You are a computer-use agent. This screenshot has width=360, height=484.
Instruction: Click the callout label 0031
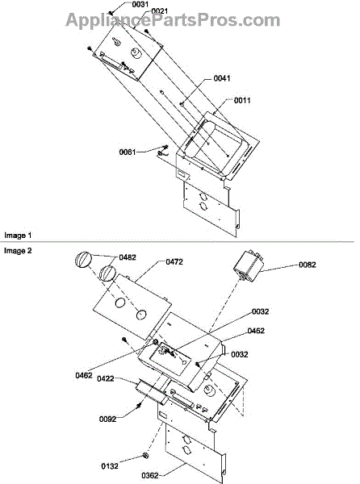140,5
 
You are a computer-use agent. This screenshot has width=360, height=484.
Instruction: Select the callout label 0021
160,11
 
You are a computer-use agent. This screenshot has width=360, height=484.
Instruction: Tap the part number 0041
222,78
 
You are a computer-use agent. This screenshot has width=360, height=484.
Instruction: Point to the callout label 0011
242,100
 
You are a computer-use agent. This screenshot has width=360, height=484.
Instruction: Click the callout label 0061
128,152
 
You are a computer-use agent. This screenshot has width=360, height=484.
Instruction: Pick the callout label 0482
128,257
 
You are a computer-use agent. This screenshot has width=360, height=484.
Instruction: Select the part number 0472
174,261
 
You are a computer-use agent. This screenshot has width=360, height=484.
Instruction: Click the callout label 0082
308,265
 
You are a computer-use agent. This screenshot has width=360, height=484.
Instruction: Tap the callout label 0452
256,331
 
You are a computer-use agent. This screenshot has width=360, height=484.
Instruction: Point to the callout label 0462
84,375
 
